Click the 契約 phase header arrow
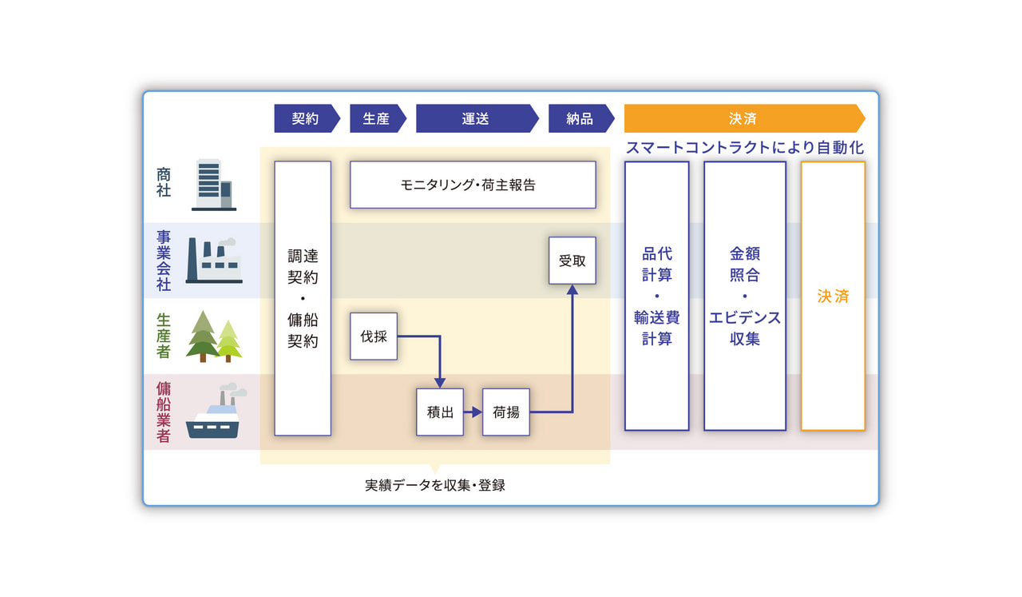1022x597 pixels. coord(307,119)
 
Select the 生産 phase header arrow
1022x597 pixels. coord(378,119)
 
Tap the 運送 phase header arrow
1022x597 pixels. coord(477,119)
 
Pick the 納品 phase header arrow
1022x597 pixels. coord(580,119)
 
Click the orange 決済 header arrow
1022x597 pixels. coord(744,119)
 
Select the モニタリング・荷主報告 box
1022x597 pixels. coord(473,185)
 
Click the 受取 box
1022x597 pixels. coord(572,261)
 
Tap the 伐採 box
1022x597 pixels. coord(374,336)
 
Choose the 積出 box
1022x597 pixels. coord(440,412)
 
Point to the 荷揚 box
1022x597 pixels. coord(506,412)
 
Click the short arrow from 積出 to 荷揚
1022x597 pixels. coord(473,412)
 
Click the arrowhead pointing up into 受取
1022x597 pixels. coord(572,289)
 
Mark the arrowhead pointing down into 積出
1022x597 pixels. coord(440,383)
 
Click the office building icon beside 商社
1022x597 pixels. coord(213,185)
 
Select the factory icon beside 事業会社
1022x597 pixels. coord(213,261)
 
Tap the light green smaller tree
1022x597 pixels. coord(228,340)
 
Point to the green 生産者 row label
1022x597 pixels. coord(164,336)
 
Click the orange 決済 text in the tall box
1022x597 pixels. coord(833,296)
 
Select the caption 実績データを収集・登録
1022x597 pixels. coord(435,485)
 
